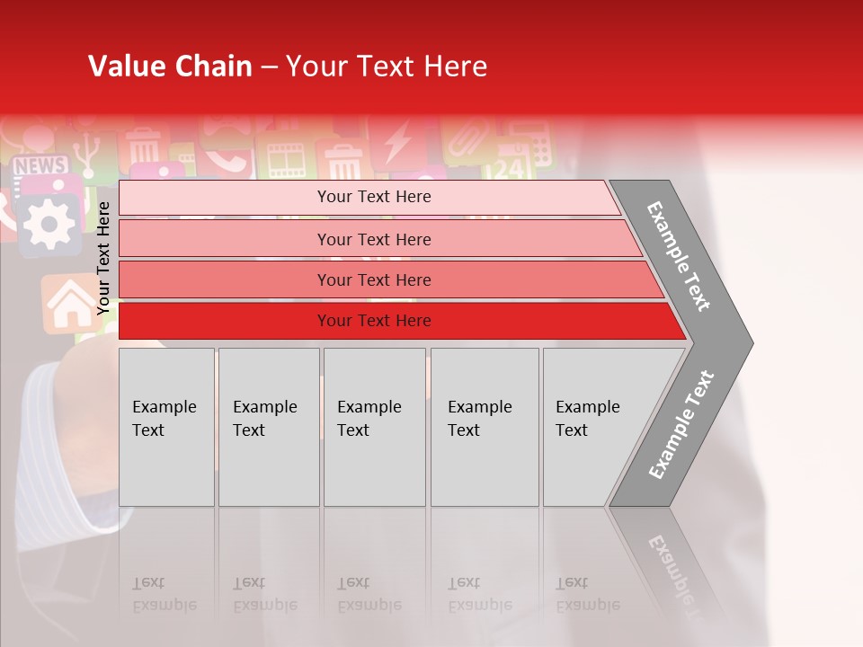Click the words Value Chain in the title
pos(170,66)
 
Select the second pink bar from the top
pos(374,239)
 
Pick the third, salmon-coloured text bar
pos(374,279)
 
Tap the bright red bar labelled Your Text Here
pos(374,321)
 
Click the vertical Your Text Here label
pos(103,259)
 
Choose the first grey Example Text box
pos(166,427)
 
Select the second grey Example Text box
pos(268,427)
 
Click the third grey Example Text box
pos(374,427)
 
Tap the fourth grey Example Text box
pos(484,427)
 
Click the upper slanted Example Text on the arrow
pos(680,255)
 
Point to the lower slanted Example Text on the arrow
pos(681,424)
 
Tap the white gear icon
pos(49,221)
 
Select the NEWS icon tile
pos(40,166)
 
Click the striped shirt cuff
pos(54,449)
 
